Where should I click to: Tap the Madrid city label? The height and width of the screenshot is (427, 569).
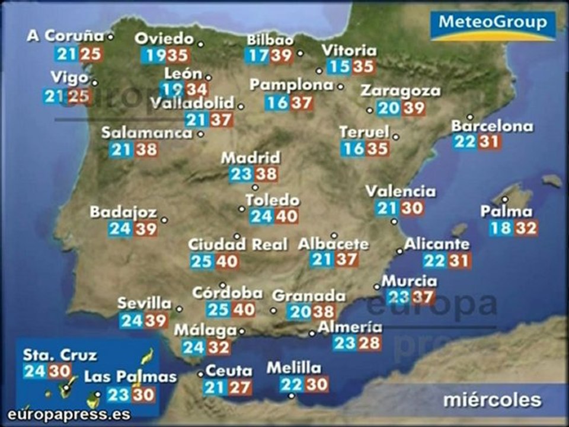tap(250, 158)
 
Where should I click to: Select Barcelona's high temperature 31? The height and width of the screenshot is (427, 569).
tap(490, 142)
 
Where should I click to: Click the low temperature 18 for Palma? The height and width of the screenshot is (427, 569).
tap(501, 228)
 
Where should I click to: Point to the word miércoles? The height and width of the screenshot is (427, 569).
tap(492, 400)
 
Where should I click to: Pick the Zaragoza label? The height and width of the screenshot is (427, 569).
tap(401, 91)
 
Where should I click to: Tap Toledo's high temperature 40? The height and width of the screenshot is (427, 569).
tap(286, 216)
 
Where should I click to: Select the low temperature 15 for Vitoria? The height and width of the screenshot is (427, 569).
tap(338, 66)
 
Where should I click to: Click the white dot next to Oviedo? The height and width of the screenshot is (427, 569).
tap(201, 44)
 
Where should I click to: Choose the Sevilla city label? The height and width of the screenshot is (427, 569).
tap(144, 304)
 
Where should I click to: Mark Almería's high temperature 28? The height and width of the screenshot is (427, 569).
tap(369, 343)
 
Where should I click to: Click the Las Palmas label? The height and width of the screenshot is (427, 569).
tap(130, 377)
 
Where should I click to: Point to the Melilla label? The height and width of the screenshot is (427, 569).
tap(293, 368)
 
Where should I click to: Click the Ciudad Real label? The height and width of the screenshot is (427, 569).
tap(238, 244)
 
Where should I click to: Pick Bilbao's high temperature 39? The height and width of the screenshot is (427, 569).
tap(282, 56)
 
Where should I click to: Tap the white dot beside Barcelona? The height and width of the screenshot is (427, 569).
tap(470, 117)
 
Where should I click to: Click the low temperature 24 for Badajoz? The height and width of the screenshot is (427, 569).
tap(120, 228)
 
